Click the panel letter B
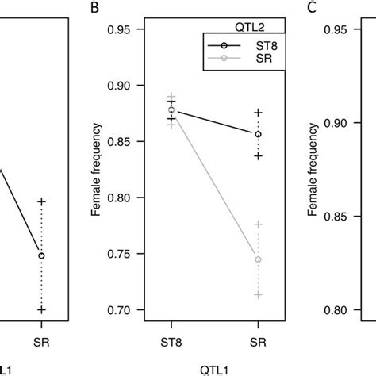[95, 9]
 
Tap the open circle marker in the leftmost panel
[41, 255]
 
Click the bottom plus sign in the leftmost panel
[41, 309]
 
